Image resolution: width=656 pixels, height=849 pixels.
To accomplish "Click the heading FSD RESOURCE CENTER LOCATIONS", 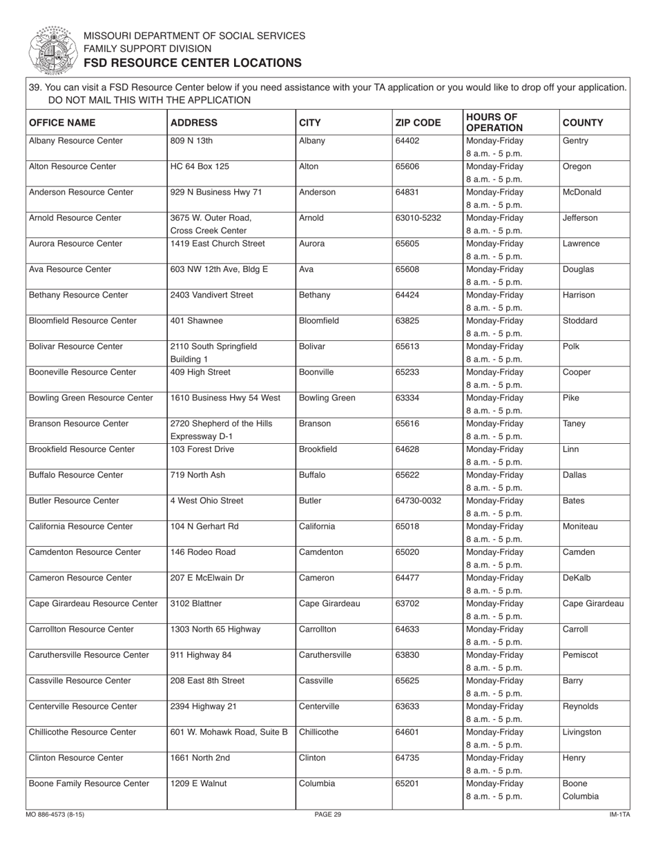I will tap(193, 63).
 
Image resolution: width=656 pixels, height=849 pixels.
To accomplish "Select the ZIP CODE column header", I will tap(417, 123).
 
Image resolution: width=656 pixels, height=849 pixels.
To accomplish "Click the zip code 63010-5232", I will tap(418, 218).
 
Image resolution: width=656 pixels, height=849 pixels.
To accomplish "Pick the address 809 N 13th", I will tap(191, 141).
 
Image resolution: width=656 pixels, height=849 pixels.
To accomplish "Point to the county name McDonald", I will tap(581, 193).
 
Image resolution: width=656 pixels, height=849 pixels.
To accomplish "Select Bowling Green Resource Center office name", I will tap(90, 398).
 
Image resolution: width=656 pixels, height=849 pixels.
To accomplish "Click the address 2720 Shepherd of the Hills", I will tap(221, 424).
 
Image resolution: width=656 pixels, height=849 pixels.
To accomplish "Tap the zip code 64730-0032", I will tap(418, 501).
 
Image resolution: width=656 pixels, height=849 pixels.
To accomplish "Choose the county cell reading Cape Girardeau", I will tap(593, 604).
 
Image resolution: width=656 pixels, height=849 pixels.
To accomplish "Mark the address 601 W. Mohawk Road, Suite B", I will tap(229, 732).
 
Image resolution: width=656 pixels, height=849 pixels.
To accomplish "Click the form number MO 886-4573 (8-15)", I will tap(55, 815).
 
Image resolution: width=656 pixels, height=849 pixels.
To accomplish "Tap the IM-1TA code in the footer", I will tap(619, 815).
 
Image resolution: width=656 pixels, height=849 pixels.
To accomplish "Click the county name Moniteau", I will tap(580, 527).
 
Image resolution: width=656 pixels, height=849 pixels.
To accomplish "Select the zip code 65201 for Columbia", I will tap(406, 783).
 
